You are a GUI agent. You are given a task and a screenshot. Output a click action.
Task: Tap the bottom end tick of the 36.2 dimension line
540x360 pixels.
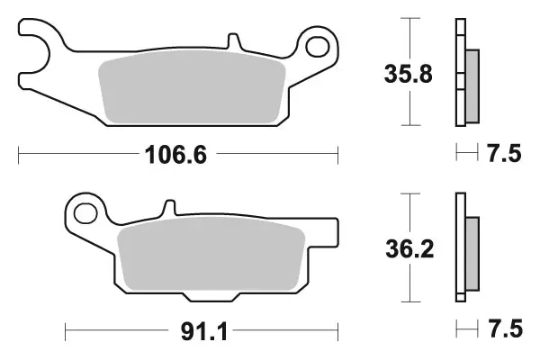(410, 301)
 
